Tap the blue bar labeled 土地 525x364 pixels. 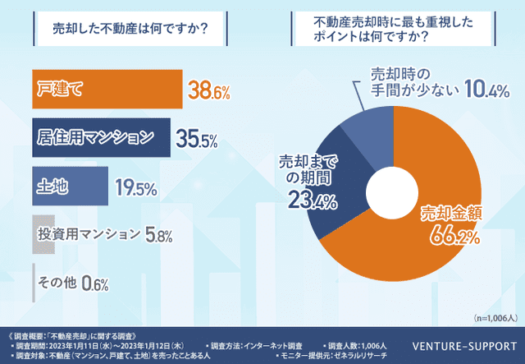69,187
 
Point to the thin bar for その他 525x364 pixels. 34,283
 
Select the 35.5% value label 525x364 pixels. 198,138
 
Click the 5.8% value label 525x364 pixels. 159,236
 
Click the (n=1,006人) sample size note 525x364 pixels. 495,316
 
